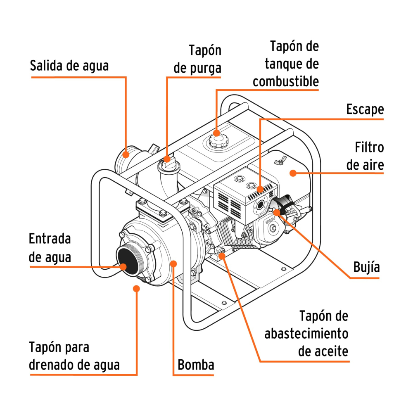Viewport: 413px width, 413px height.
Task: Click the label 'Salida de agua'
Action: coord(69,66)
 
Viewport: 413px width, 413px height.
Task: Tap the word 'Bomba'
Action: coord(196,365)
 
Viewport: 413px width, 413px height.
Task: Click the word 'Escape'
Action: coord(365,109)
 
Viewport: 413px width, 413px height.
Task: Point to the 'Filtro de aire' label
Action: coord(365,156)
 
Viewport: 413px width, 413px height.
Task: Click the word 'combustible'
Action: coord(286,81)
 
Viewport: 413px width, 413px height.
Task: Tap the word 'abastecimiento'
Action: coord(306,334)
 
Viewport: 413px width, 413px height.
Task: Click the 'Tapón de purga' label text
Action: coord(198,59)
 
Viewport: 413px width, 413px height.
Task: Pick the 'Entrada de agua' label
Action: coord(50,248)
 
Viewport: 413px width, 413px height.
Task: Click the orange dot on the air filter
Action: coord(292,173)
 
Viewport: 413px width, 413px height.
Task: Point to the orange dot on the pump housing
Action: coord(174,263)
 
